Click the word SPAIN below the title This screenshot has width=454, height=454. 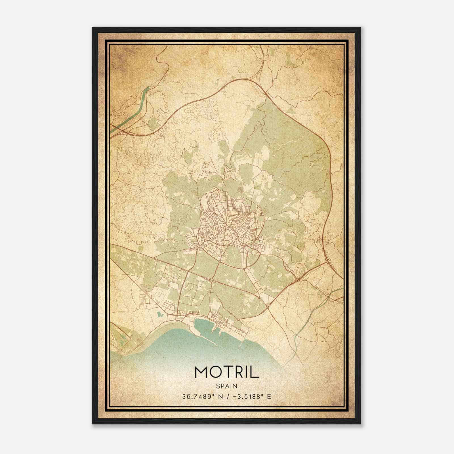coord(227,386)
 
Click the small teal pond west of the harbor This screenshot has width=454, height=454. coord(159,315)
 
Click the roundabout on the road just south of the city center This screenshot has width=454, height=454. coord(211,280)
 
